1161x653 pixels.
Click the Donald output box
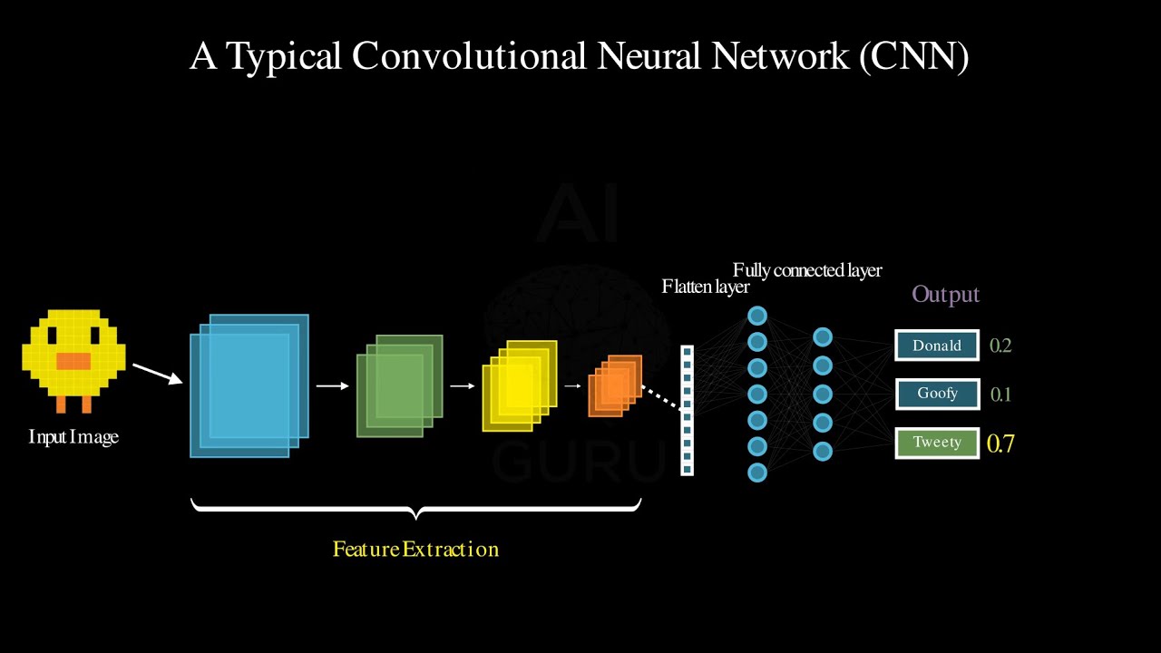(x=937, y=346)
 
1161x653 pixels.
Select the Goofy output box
(x=937, y=395)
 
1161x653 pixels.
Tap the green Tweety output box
(x=937, y=443)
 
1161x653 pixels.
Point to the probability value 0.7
(x=1000, y=443)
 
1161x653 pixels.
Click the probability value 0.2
(x=1000, y=346)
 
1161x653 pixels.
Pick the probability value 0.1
(x=1000, y=395)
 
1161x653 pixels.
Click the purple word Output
(x=945, y=295)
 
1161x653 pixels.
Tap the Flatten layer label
(x=706, y=288)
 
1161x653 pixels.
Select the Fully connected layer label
(x=807, y=270)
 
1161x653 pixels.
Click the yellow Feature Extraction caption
(x=415, y=549)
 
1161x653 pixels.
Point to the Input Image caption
(x=73, y=437)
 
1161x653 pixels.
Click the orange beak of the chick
(x=73, y=361)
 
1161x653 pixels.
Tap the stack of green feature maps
(x=399, y=385)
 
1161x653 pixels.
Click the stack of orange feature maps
(x=615, y=385)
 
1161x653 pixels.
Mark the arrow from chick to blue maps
(x=157, y=374)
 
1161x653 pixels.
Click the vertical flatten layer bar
(x=687, y=410)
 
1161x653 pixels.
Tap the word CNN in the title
(x=911, y=56)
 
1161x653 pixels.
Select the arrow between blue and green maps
(x=332, y=386)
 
